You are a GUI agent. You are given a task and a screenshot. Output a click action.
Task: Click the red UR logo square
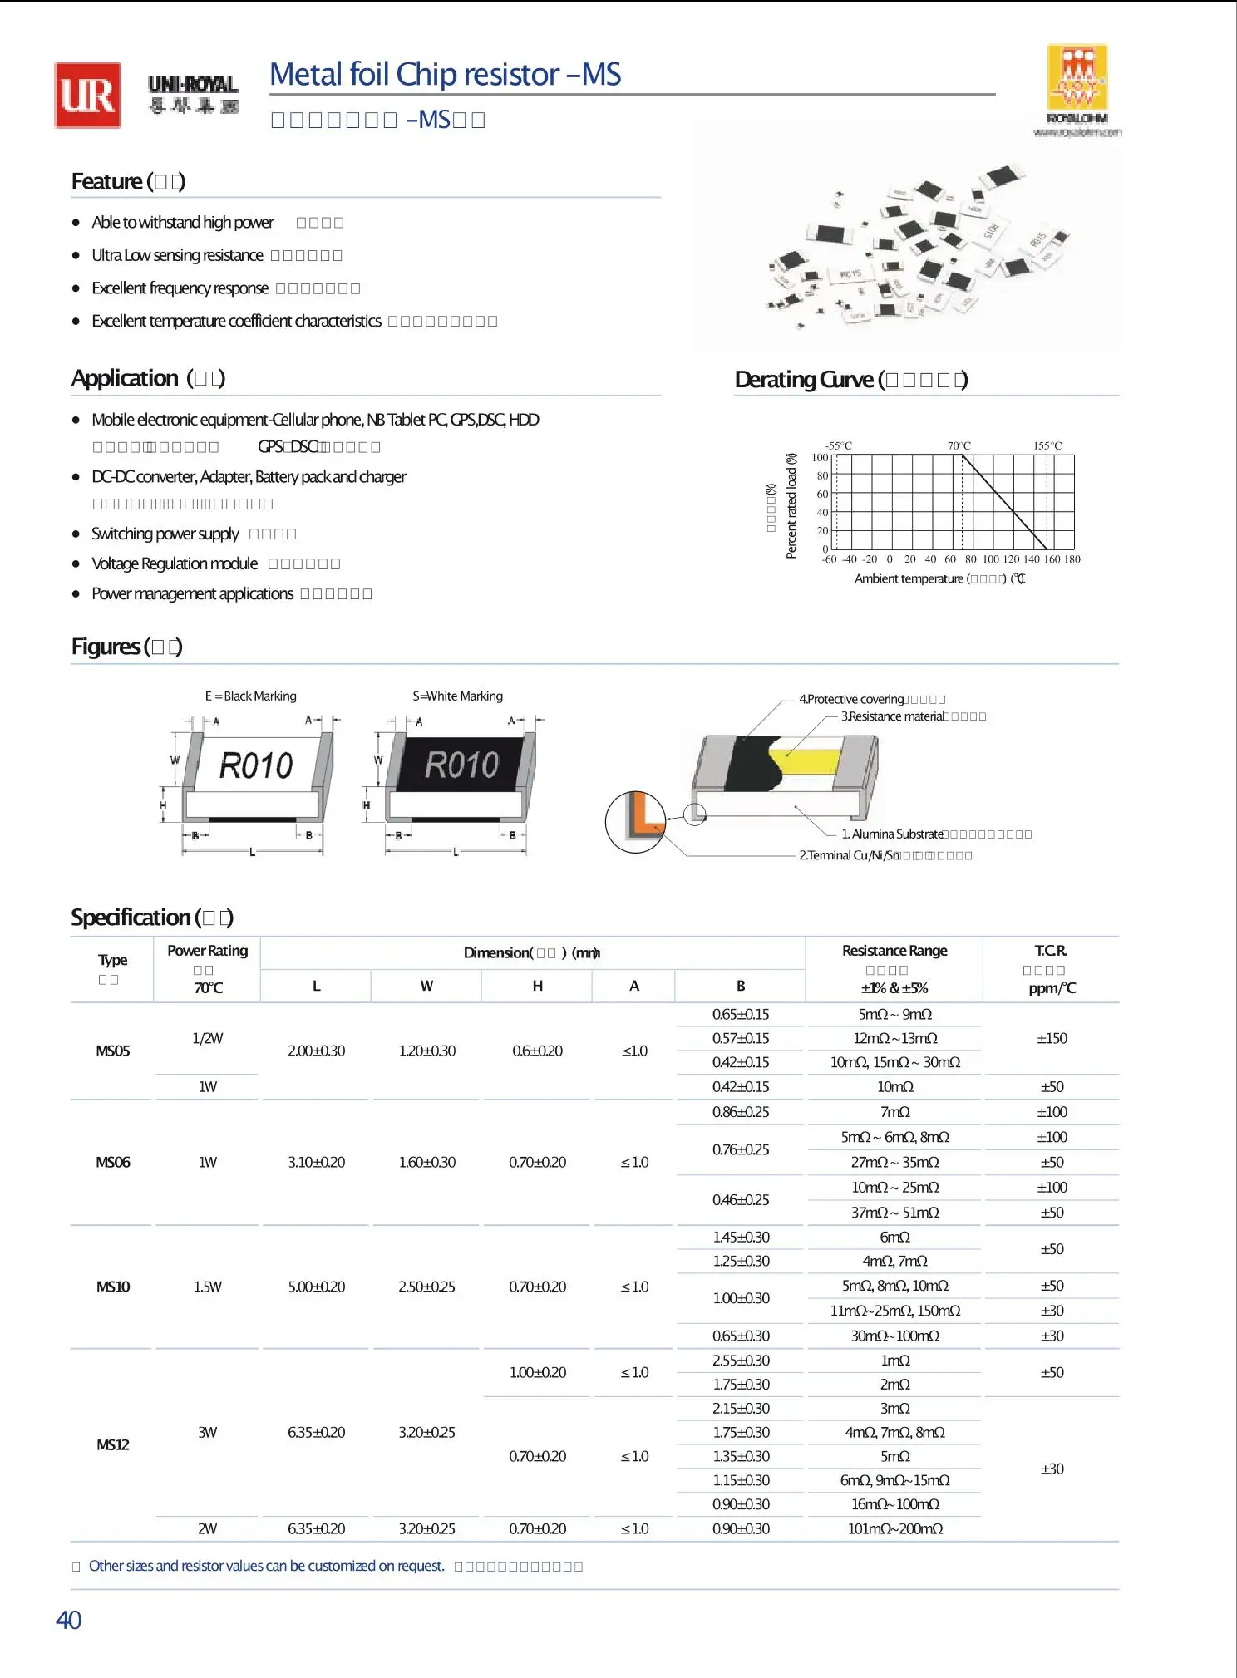click(x=87, y=96)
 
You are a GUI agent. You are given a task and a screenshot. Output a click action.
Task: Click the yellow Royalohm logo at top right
click(x=1077, y=78)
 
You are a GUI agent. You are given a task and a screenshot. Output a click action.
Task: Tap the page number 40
click(x=68, y=1620)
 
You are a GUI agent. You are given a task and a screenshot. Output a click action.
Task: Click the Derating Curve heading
click(x=850, y=380)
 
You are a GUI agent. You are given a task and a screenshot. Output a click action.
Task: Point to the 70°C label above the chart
click(x=959, y=445)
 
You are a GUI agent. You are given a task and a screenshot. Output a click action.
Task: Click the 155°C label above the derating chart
click(x=1047, y=445)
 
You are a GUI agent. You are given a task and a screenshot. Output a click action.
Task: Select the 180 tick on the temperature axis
click(x=1072, y=559)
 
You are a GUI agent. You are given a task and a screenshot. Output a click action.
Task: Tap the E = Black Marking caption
click(x=250, y=696)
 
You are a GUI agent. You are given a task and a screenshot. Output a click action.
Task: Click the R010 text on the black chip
click(x=461, y=765)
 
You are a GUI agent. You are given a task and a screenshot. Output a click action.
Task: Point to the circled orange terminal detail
click(x=636, y=822)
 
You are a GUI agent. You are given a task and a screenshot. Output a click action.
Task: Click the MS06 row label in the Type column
click(x=113, y=1162)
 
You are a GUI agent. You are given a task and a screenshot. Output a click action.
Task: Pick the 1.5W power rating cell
click(x=207, y=1287)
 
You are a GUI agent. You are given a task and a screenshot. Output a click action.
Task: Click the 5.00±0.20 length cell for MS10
click(x=316, y=1287)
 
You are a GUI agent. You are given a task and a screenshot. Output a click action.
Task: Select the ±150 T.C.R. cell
click(x=1052, y=1038)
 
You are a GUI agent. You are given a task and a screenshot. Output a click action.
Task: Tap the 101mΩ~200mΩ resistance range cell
click(x=894, y=1528)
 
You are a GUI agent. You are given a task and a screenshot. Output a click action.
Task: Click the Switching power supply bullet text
click(x=165, y=534)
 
